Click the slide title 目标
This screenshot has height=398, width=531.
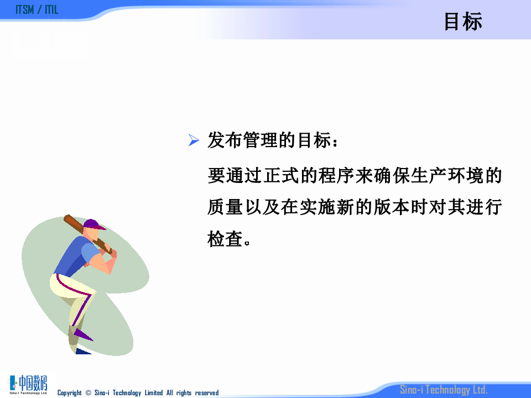463,22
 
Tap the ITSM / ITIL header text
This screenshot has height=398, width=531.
37,10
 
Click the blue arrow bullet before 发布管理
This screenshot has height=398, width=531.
193,141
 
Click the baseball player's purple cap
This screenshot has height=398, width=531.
93,224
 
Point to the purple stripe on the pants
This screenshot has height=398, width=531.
83,304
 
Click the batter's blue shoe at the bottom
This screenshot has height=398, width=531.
83,351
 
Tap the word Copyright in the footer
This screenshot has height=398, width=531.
70,393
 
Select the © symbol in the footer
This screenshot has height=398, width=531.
88,393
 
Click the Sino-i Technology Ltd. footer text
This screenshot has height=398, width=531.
444,390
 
